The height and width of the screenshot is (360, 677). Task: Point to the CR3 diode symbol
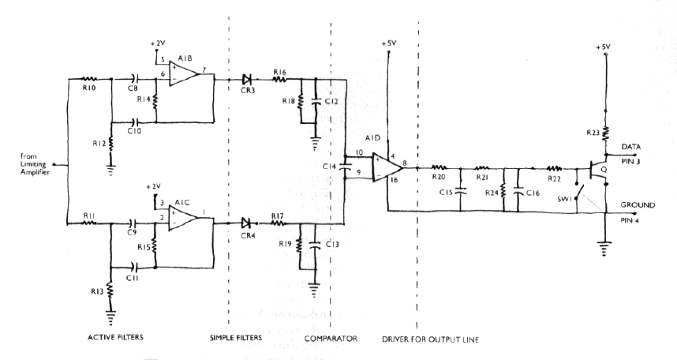click(x=248, y=79)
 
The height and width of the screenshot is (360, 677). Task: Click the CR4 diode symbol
click(x=249, y=223)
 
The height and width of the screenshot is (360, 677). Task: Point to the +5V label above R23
click(x=605, y=47)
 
